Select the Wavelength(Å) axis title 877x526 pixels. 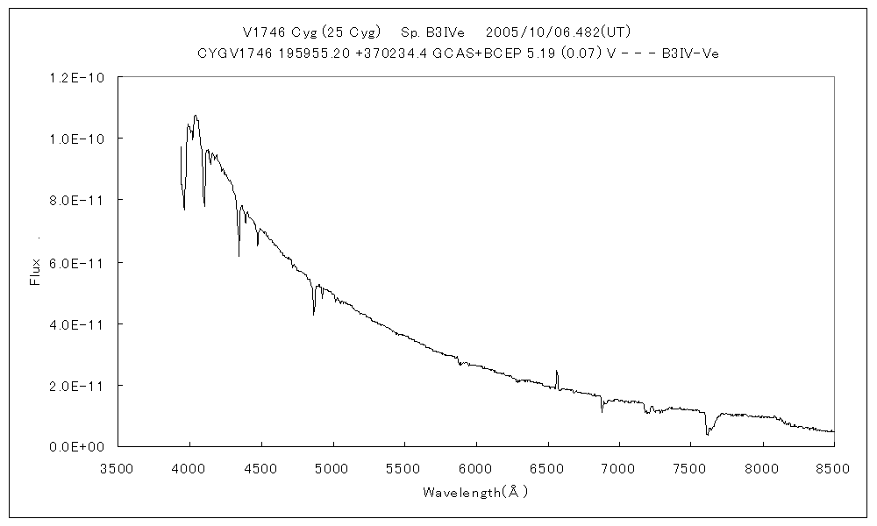coord(475,492)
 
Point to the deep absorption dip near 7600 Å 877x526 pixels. coord(707,433)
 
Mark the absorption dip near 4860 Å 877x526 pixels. coord(313,313)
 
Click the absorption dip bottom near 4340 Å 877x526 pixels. coord(239,255)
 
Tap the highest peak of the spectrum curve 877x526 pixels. coord(195,115)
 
